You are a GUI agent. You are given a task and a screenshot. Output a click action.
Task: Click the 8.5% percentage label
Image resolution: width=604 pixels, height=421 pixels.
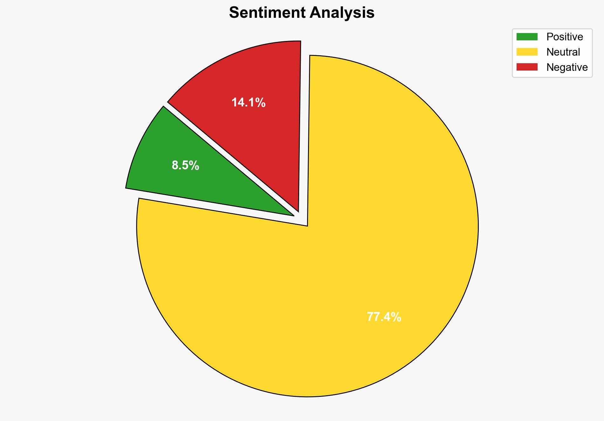[x=185, y=166]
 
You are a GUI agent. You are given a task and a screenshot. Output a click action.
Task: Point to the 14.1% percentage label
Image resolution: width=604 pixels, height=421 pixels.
[x=248, y=103]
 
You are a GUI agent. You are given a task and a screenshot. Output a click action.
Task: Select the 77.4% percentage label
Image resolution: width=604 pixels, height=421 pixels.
[x=384, y=317]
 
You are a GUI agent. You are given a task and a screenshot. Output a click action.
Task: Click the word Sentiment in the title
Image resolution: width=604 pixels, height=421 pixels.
[x=267, y=13]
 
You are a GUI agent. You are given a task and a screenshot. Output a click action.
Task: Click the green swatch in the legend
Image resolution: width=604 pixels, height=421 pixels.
[x=527, y=37]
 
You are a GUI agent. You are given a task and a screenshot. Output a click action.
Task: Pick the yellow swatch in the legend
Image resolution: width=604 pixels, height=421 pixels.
[x=527, y=52]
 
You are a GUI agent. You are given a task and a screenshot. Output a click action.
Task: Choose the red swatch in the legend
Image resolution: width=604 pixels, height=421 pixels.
[x=527, y=67]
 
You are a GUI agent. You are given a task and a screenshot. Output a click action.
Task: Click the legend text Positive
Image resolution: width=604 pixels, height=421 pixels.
[x=565, y=37]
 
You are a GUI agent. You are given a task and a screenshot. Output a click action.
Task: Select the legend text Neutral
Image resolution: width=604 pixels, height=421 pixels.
[x=563, y=52]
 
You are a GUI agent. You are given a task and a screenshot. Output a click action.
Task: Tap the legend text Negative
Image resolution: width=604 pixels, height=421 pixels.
[x=567, y=67]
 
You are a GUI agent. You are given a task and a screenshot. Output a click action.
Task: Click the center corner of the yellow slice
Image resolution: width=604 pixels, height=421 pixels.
[x=307, y=225]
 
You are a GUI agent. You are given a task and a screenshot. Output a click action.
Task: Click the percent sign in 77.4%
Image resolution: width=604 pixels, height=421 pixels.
[x=396, y=317]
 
